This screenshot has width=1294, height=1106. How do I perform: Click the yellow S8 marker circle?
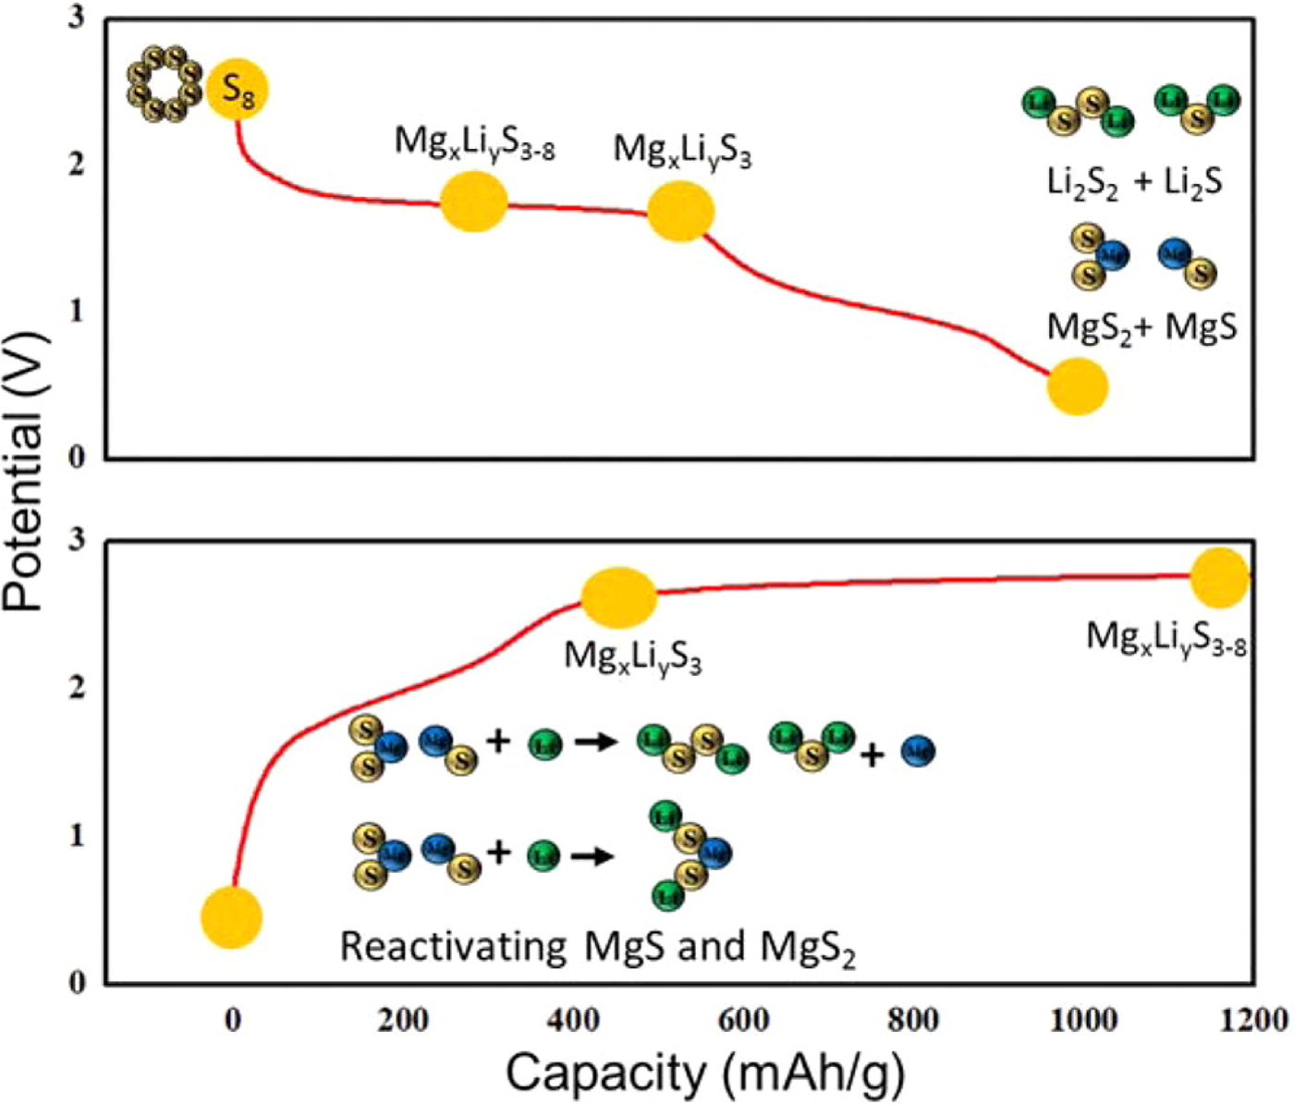coord(237,89)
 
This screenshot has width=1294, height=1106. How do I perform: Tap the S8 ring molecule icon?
coord(165,83)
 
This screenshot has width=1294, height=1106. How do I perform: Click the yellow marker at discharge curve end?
coord(1077,387)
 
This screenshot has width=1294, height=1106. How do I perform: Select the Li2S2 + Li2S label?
coord(1134,182)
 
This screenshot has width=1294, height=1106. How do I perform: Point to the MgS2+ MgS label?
coord(1141,326)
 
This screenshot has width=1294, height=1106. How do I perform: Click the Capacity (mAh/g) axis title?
coord(704,1074)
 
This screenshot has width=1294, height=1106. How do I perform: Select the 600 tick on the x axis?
coord(743,1020)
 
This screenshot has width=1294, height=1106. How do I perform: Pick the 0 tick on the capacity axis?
coord(232,1020)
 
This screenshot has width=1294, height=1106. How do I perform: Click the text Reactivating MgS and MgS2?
coord(597,947)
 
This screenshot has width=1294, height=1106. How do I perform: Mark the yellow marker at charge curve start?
coord(231,916)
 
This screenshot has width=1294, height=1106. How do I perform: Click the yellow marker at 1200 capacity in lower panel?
coord(1220,577)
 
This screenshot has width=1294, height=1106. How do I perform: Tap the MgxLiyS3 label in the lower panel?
coord(633,657)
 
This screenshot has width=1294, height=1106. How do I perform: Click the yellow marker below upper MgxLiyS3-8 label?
coord(473,203)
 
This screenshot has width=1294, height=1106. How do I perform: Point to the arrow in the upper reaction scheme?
coord(595,742)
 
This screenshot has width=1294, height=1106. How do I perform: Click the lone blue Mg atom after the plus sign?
coord(918,751)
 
